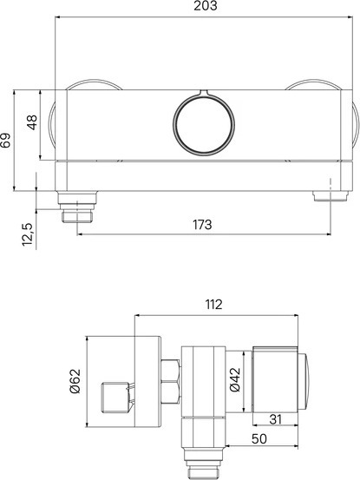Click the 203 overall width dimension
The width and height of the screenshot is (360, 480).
(206, 6)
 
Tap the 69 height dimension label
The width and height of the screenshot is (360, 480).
(6, 141)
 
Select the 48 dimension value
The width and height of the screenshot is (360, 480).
(32, 122)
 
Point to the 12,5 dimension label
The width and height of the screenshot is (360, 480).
(27, 235)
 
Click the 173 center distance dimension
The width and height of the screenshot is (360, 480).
(202, 225)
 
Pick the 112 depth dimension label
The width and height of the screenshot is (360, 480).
(213, 305)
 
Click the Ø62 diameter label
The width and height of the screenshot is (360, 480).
(75, 381)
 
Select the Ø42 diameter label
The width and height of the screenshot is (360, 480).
(235, 379)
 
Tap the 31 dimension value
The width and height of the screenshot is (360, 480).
(275, 419)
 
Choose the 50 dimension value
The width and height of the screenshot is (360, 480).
(259, 438)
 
